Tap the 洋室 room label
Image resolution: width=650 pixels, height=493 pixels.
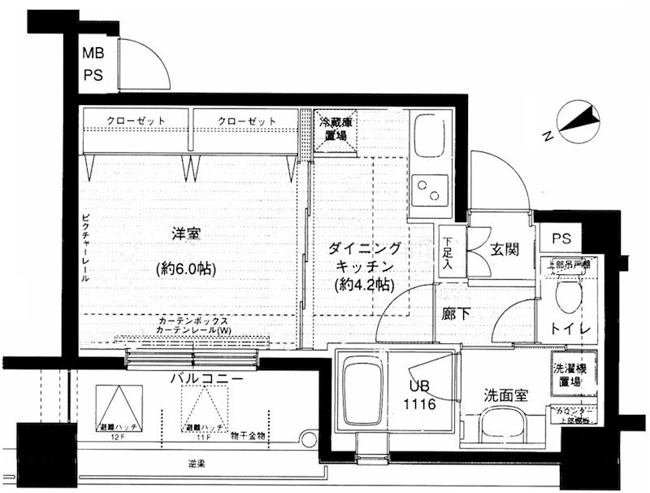[186, 234]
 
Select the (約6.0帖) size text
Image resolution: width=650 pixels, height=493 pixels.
[186, 268]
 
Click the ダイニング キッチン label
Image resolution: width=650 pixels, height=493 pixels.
[363, 258]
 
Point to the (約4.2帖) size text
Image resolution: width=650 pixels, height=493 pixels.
[363, 286]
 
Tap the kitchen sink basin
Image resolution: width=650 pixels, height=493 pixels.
[427, 137]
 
